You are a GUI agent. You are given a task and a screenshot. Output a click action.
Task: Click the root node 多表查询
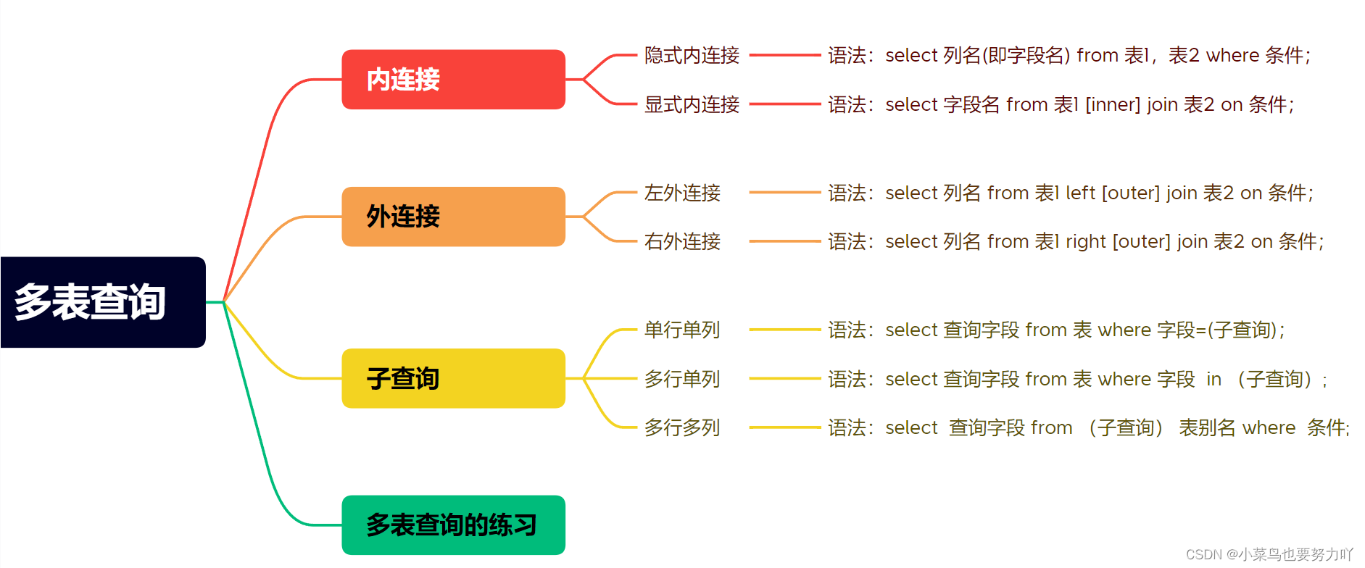103,302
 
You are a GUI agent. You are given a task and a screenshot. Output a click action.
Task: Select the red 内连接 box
453,80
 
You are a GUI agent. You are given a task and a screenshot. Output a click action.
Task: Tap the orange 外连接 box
453,217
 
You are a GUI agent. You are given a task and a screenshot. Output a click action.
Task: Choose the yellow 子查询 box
453,378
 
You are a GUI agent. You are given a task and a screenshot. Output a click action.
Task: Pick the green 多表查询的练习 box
453,525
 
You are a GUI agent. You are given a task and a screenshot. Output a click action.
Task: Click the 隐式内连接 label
692,56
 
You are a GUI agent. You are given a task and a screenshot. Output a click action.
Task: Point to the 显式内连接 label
692,105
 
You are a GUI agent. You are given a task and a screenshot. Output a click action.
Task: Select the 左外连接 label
682,193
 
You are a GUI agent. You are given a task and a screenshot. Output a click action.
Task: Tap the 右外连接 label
682,241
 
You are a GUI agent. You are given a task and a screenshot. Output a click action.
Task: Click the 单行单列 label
682,330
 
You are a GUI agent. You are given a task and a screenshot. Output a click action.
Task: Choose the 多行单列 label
682,379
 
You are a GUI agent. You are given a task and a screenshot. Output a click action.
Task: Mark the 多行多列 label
682,427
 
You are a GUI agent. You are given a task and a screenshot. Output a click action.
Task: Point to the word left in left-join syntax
1080,193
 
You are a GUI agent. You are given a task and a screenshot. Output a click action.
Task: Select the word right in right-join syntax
1086,241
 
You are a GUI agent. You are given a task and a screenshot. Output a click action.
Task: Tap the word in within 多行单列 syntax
1213,379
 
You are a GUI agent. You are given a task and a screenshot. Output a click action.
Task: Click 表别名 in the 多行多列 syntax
1207,427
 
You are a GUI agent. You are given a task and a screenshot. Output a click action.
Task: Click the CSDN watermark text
1269,554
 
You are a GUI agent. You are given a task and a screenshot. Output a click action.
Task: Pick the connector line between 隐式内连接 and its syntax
784,55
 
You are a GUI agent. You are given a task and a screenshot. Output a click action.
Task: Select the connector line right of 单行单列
784,330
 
